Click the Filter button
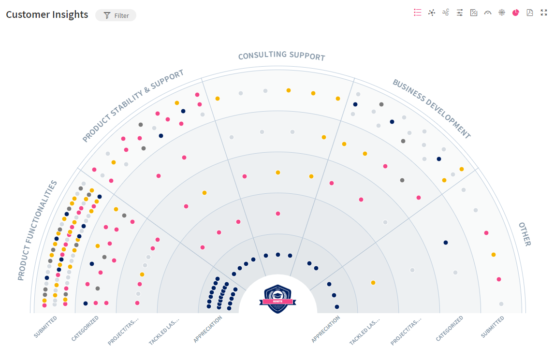point(116,15)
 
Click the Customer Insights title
point(47,14)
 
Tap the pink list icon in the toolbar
point(418,13)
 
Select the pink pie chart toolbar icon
point(516,13)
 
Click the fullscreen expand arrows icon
point(544,13)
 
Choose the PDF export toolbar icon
point(530,13)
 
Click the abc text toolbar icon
point(446,13)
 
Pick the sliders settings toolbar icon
point(460,13)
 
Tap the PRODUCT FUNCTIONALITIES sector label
point(37,230)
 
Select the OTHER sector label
point(525,234)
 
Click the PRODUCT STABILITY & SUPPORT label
point(133,105)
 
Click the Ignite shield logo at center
point(278,299)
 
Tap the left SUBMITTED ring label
point(45,327)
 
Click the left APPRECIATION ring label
point(208,329)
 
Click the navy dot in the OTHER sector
point(446,243)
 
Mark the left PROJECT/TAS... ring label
point(123,331)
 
